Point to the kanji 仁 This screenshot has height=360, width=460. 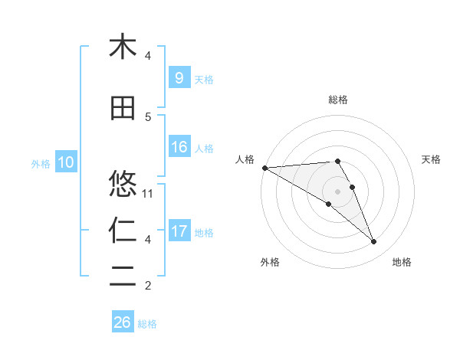[123, 230]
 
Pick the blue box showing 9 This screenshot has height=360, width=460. [179, 78]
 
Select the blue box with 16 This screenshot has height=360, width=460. [179, 147]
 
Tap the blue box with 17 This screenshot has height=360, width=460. [179, 231]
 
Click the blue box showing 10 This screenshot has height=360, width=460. [66, 162]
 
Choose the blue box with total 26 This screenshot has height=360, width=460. [123, 322]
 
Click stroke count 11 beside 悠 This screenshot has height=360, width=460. [149, 193]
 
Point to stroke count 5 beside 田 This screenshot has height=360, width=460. [148, 116]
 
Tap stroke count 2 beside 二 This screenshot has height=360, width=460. [148, 286]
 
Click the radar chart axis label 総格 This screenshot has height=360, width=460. [338, 100]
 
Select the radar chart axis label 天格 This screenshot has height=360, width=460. [432, 159]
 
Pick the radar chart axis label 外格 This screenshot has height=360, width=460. [270, 262]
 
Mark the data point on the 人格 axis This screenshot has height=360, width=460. [264, 168]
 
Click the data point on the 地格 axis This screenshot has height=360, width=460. [374, 242]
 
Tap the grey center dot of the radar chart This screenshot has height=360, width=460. [337, 191]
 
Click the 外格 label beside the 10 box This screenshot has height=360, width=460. [41, 163]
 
